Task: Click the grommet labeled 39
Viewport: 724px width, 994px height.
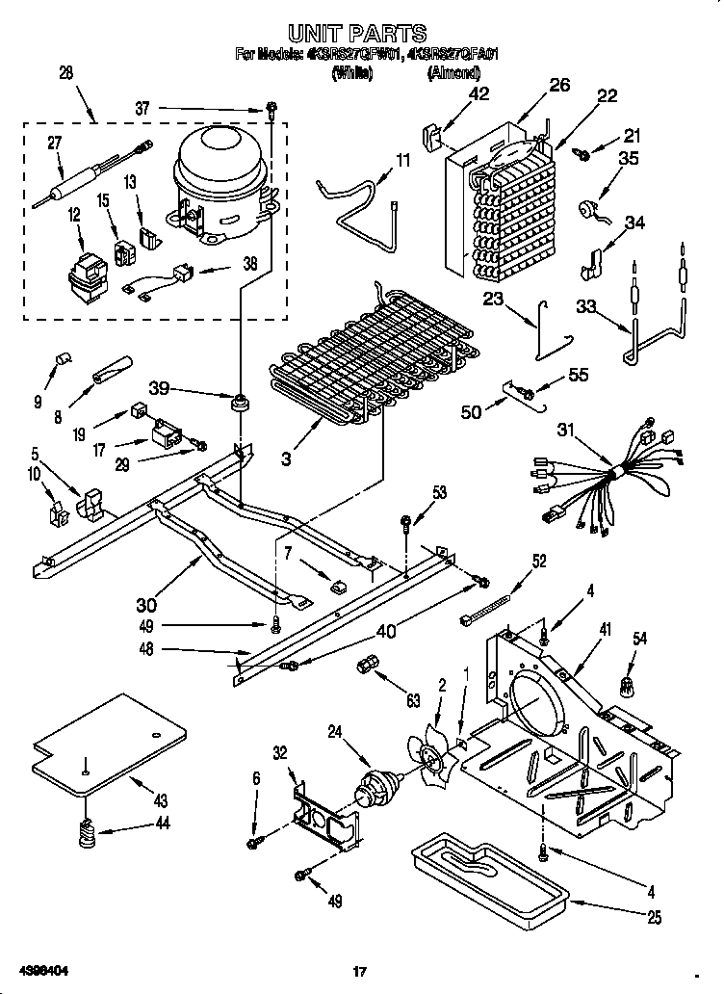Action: [237, 400]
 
